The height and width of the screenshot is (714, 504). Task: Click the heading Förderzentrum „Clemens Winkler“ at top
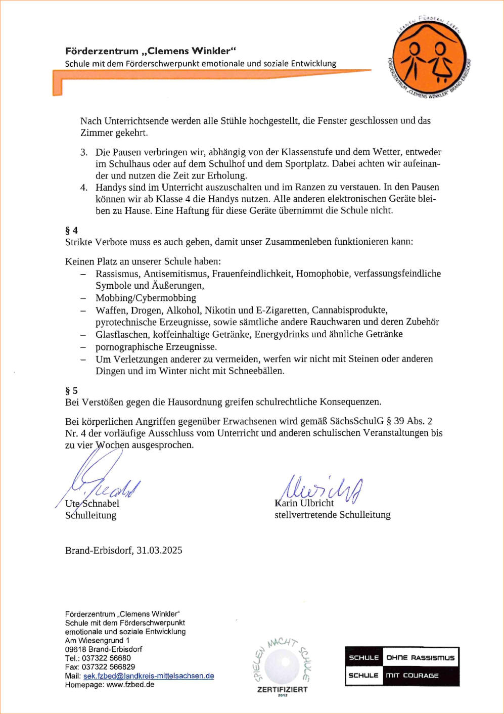(151, 51)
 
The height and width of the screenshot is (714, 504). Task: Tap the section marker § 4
(71, 230)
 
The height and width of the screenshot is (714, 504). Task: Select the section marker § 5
(71, 390)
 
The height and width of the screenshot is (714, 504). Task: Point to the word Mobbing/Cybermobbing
(146, 298)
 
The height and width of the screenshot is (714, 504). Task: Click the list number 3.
(84, 152)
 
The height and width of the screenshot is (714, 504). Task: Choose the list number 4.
(84, 188)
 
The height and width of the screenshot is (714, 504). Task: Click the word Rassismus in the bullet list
(117, 274)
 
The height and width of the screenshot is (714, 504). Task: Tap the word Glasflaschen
(120, 334)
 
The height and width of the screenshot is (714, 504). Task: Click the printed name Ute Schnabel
(93, 504)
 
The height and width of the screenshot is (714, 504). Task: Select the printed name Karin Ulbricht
(304, 503)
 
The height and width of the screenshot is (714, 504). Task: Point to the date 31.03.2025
(159, 550)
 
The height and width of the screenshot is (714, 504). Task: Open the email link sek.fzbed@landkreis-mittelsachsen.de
(149, 676)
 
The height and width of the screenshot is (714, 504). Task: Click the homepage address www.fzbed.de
(130, 685)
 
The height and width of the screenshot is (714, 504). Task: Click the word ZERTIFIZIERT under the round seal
(282, 689)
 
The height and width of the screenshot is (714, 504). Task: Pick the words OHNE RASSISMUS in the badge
(420, 658)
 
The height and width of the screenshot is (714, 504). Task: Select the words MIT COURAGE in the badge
(412, 676)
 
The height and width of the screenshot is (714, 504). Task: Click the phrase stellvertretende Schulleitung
(332, 515)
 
